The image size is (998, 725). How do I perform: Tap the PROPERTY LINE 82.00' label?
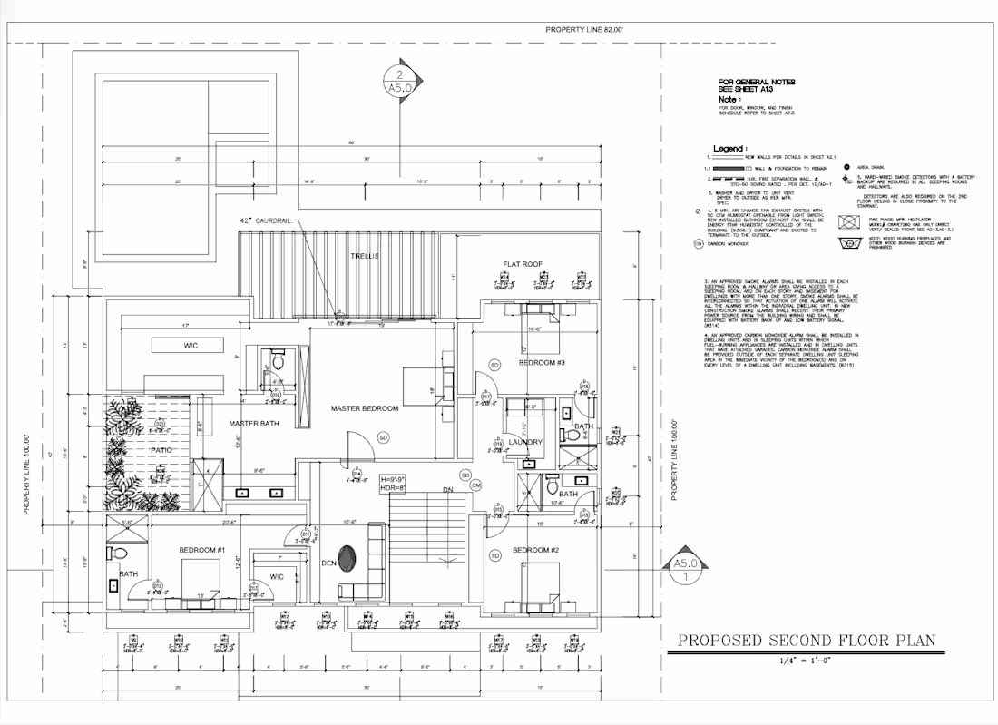pos(584,30)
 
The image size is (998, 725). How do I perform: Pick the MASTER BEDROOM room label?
pos(365,408)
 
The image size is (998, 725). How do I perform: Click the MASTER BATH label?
pos(253,424)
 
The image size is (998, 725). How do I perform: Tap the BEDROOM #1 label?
pos(201,550)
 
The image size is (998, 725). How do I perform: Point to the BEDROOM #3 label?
pos(542,363)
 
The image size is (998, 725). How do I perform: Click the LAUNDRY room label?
pos(525,442)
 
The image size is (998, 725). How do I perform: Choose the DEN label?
pos(328,563)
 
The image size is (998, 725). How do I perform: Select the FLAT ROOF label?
pos(523,264)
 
